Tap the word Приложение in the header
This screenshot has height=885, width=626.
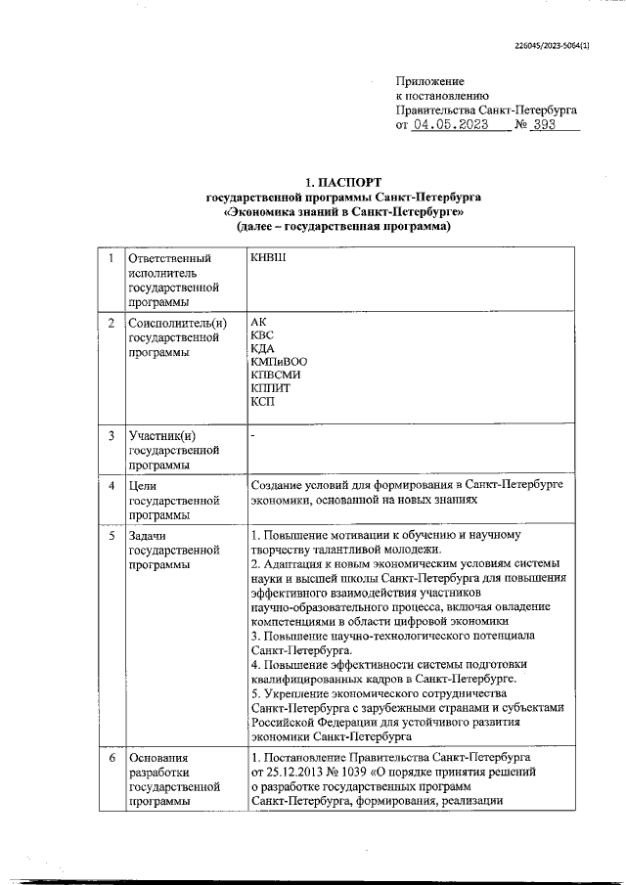tap(429, 81)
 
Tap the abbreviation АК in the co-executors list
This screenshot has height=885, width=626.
tap(258, 321)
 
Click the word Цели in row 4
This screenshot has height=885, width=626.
tap(143, 485)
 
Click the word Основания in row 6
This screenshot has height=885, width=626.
tap(156, 757)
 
